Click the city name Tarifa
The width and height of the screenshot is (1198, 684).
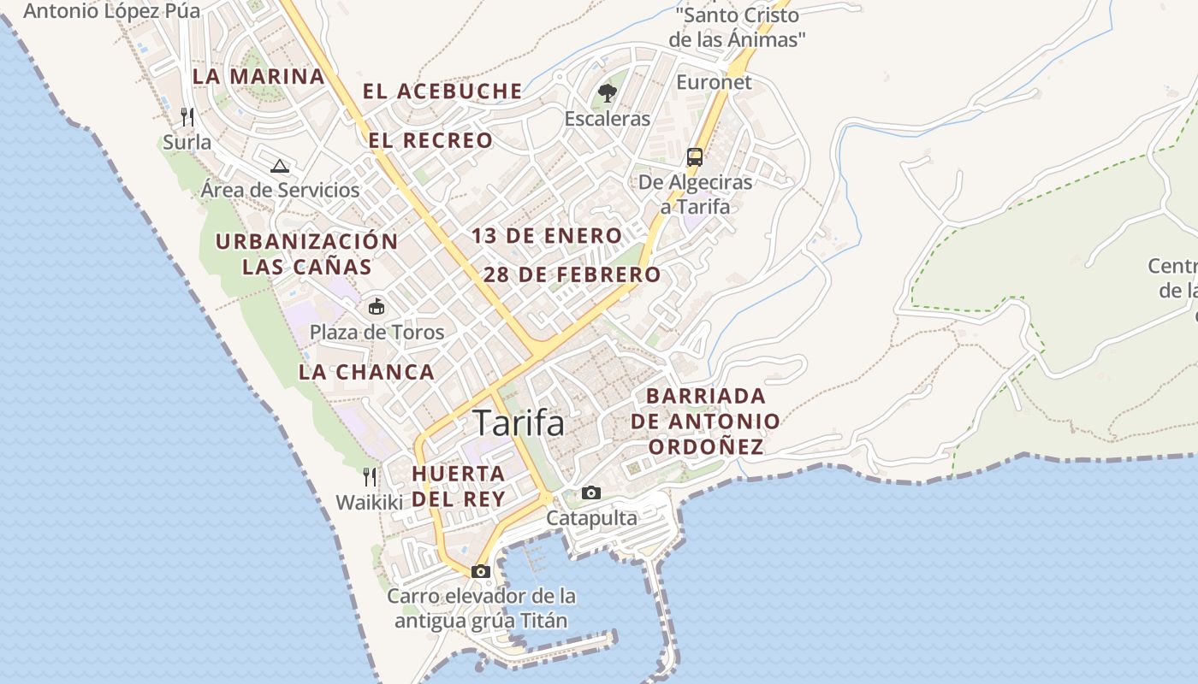[x=519, y=423]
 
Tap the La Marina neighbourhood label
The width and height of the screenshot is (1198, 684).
[x=258, y=76]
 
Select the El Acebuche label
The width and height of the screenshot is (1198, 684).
[x=442, y=91]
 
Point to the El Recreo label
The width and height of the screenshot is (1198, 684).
[x=431, y=140]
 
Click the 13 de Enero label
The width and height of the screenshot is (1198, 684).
[x=547, y=236]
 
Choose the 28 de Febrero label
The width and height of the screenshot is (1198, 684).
[x=572, y=275]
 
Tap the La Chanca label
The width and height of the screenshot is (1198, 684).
[x=366, y=372]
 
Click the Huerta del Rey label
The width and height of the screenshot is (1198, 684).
[x=458, y=486]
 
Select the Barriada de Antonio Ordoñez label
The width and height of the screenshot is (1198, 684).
[x=706, y=421]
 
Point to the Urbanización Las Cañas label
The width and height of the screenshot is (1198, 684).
[x=306, y=254]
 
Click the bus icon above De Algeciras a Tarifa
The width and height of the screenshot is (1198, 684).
[x=695, y=157]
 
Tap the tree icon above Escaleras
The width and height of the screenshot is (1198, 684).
[x=608, y=92]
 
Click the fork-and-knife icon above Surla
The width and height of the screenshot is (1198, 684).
[x=187, y=116]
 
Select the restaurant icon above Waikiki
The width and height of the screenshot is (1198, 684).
[x=370, y=476]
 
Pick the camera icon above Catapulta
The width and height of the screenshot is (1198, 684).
[x=591, y=492]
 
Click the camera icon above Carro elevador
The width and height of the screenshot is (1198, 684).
[x=481, y=571]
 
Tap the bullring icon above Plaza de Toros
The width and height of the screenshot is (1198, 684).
[x=376, y=305]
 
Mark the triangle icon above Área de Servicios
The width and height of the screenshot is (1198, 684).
[x=279, y=165]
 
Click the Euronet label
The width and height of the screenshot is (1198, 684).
[x=714, y=82]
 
